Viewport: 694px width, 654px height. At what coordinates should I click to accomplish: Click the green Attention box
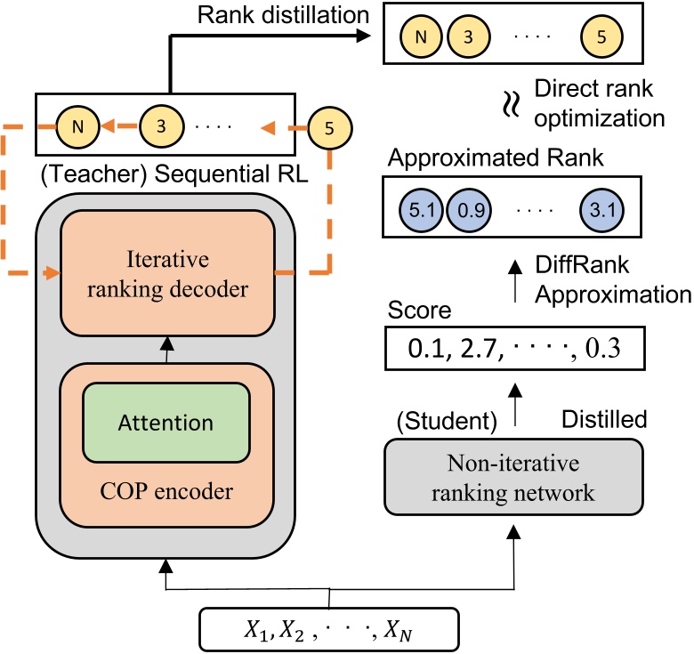click(x=165, y=423)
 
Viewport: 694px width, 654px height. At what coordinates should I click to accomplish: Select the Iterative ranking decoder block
click(x=167, y=273)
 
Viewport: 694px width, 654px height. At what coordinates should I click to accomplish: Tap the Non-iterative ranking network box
click(x=513, y=480)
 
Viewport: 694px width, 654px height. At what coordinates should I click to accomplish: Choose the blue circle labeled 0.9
click(x=466, y=212)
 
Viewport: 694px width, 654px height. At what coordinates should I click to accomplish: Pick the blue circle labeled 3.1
click(x=601, y=212)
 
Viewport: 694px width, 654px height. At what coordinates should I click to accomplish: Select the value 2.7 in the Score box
click(x=475, y=349)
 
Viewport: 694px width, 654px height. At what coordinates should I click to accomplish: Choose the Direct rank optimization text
click(x=598, y=103)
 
